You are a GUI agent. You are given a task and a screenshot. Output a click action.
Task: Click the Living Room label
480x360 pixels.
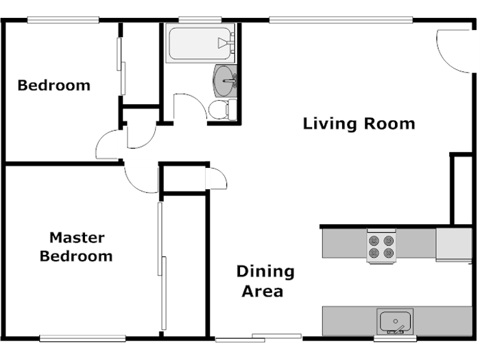pos(359,124)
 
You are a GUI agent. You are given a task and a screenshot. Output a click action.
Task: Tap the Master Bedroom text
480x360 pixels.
pos(76,247)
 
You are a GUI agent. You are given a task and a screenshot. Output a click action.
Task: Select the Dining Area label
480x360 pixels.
pos(265,281)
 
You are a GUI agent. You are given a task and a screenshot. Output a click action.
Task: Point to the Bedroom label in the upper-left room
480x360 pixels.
pos(53,86)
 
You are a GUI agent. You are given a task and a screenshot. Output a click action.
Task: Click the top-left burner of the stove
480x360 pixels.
pos(374,241)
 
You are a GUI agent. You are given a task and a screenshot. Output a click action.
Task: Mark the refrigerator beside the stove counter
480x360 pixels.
pos(453,244)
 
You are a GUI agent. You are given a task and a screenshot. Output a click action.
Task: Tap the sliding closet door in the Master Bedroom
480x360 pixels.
pos(162,267)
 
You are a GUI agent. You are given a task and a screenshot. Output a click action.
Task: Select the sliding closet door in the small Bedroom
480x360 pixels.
pos(121,65)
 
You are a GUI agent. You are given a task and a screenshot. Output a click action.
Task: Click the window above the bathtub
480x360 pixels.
pos(195,19)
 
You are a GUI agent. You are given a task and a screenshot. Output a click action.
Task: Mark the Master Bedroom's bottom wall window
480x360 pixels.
pos(82,337)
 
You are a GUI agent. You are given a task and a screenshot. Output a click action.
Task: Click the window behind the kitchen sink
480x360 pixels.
pos(395,338)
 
